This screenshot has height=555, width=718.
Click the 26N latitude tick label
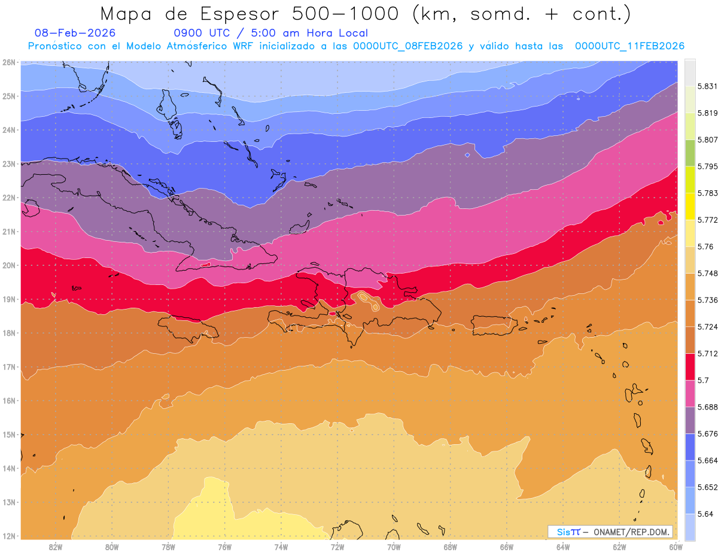pyautogui.click(x=9, y=62)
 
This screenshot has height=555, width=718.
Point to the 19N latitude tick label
pyautogui.click(x=9, y=299)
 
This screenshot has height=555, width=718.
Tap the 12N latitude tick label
pyautogui.click(x=9, y=536)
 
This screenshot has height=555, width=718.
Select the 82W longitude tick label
pyautogui.click(x=56, y=547)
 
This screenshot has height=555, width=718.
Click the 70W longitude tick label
pyautogui.click(x=394, y=547)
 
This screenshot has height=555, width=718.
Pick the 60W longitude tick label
pyautogui.click(x=676, y=547)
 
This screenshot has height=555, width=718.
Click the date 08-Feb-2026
pyautogui.click(x=75, y=33)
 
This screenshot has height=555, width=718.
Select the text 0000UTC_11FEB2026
pyautogui.click(x=629, y=46)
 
